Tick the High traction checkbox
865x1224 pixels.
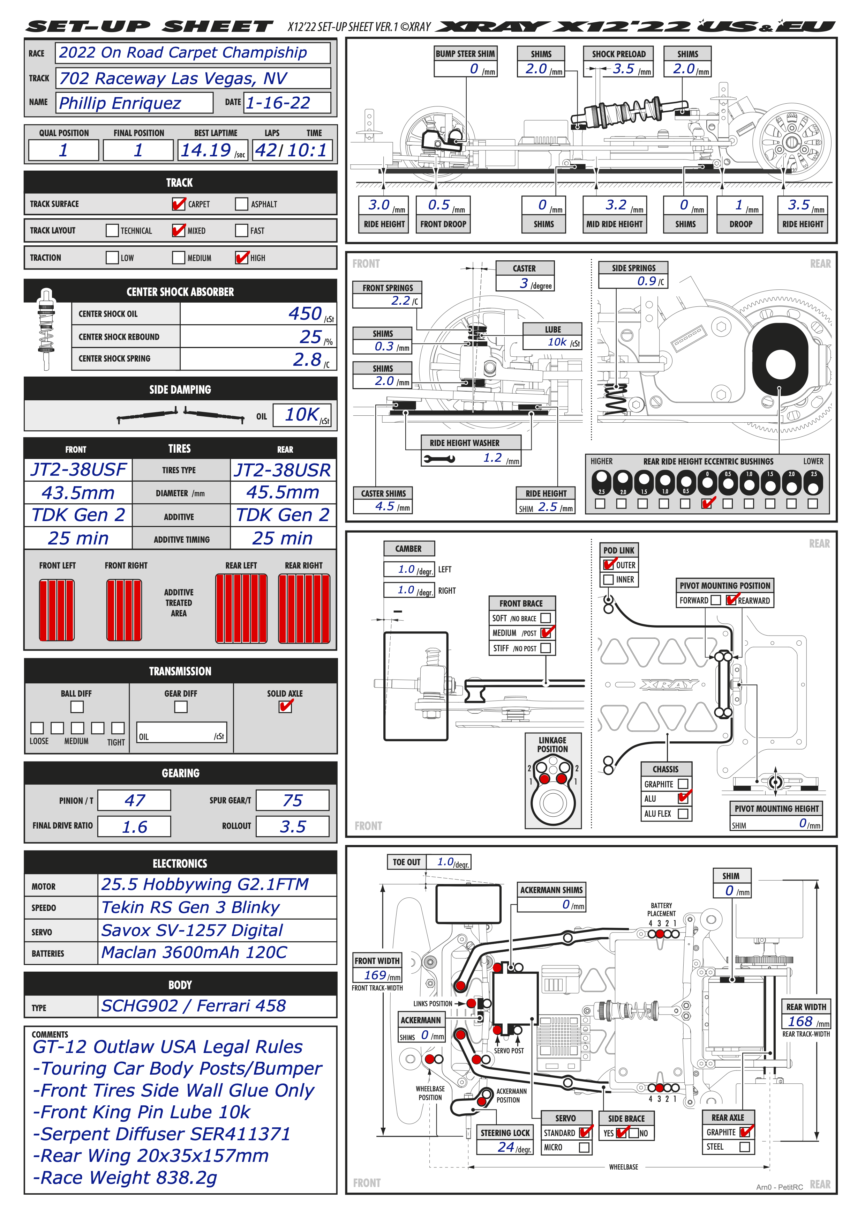[242, 258]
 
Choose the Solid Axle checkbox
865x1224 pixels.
[286, 706]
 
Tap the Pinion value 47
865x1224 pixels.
[134, 800]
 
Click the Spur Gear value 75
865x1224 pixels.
[292, 800]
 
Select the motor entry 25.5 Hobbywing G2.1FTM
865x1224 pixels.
[205, 884]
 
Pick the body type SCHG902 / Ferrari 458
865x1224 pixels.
[194, 1006]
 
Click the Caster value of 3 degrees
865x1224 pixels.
[525, 284]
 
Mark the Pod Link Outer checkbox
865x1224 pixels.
[608, 565]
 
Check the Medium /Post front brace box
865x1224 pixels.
[546, 633]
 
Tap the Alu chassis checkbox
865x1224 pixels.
[683, 798]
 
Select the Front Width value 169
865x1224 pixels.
[375, 975]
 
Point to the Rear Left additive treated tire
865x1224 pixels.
[241, 609]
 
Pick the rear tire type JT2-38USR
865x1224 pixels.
[283, 470]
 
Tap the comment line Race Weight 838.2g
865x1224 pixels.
[126, 1177]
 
